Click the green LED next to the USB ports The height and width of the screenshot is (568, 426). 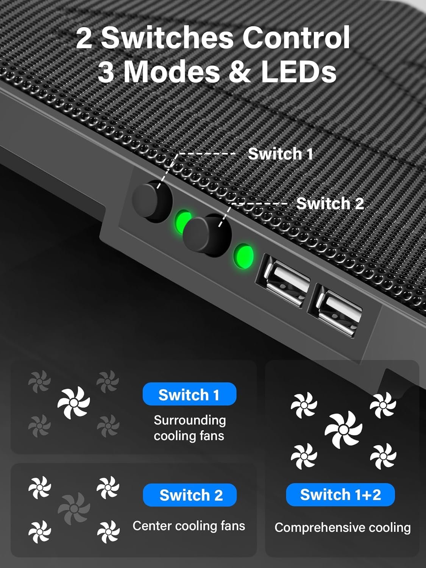pyautogui.click(x=243, y=256)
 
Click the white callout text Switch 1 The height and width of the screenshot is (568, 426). pyautogui.click(x=280, y=154)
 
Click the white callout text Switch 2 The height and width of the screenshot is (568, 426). pyautogui.click(x=329, y=204)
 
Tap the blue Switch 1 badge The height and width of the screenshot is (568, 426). pyautogui.click(x=189, y=395)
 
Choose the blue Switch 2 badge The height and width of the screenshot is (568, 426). pyautogui.click(x=190, y=495)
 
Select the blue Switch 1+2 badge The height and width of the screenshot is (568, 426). pyautogui.click(x=340, y=495)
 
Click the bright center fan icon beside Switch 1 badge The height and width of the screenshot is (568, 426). pyautogui.click(x=74, y=403)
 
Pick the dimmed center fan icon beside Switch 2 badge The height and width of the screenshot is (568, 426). pyautogui.click(x=74, y=508)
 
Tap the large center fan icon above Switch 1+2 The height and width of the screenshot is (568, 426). pyautogui.click(x=343, y=429)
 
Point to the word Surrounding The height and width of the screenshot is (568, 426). pyautogui.click(x=189, y=420)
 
